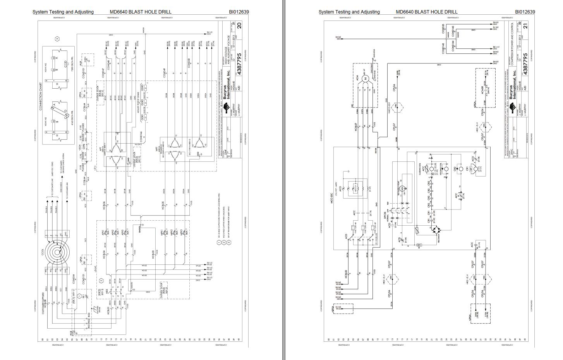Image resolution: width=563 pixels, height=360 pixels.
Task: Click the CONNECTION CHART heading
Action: point(40,96)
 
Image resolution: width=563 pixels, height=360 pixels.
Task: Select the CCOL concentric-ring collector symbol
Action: point(58,252)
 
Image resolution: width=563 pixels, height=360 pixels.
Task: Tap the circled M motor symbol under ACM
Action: point(364,79)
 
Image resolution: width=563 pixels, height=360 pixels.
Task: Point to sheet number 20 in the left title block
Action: point(239,26)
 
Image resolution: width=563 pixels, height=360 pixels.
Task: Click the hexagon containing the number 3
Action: point(57,39)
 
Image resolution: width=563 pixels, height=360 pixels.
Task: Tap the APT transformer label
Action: point(100,149)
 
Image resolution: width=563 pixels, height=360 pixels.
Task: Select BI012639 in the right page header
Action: point(525,12)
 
